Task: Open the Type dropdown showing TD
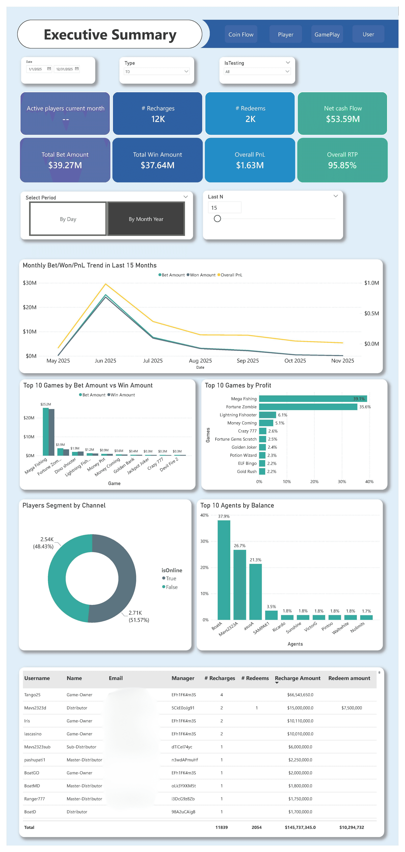pos(156,71)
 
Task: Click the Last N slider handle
pos(217,219)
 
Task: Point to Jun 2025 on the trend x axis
pos(105,360)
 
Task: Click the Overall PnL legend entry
pos(231,275)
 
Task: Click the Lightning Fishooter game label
pos(238,415)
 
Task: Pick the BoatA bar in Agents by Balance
pos(224,570)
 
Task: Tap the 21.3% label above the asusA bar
pos(255,560)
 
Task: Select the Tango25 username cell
pos(32,695)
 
